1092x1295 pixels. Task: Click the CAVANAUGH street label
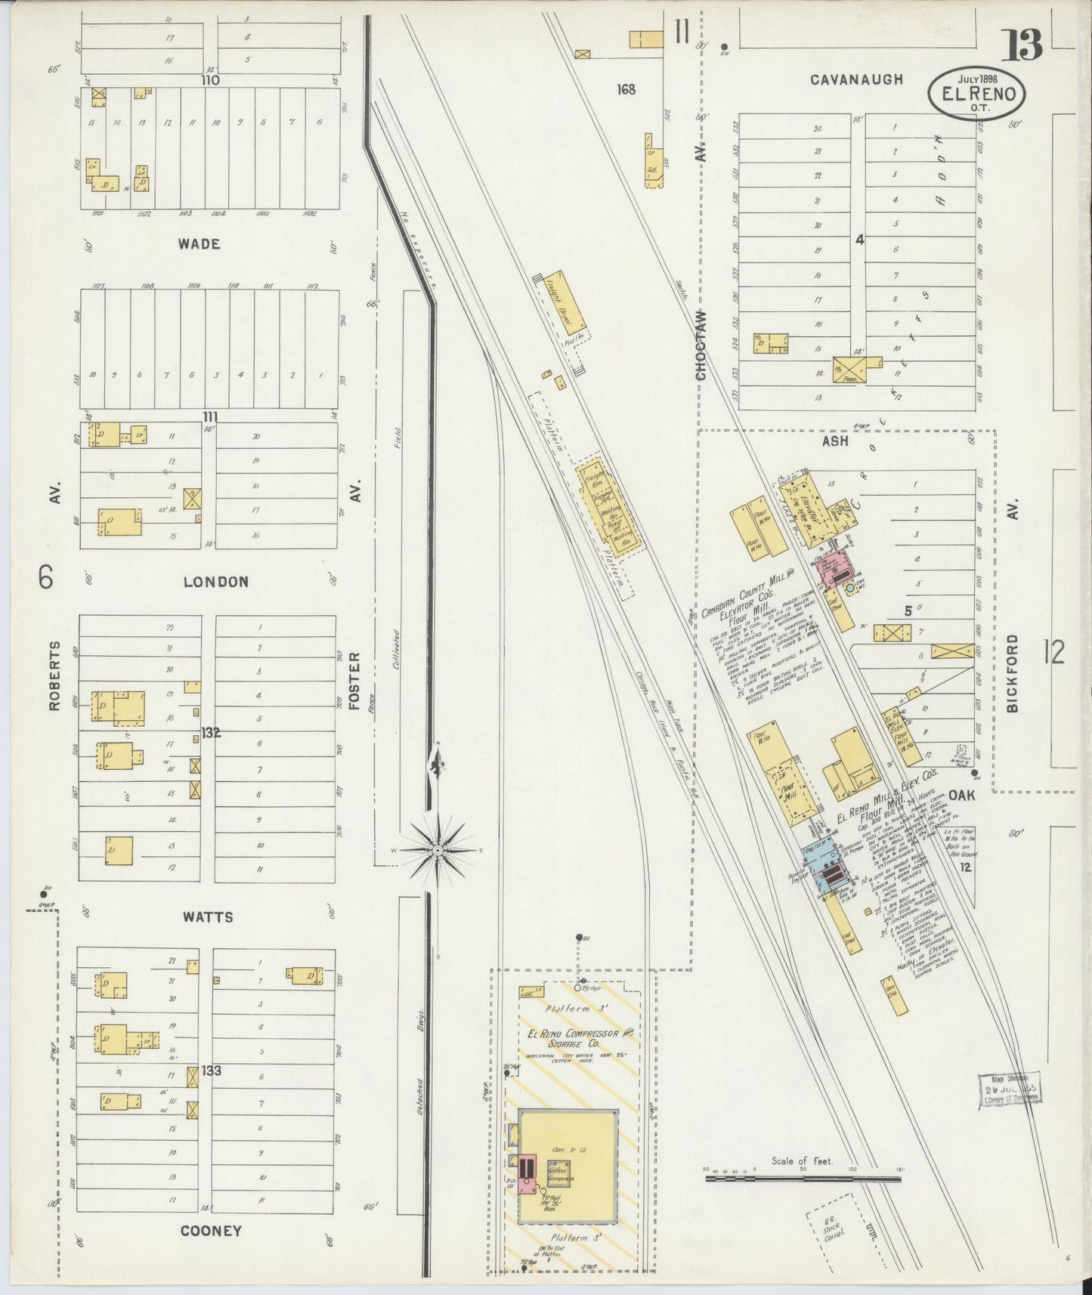856,79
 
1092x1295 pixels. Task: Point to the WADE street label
200,244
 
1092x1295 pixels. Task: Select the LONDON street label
216,582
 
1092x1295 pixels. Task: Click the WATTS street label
209,917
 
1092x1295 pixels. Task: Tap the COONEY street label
211,1231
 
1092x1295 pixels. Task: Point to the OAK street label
963,795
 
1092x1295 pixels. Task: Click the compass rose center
438,851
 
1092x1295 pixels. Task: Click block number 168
626,89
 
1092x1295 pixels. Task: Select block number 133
212,1071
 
